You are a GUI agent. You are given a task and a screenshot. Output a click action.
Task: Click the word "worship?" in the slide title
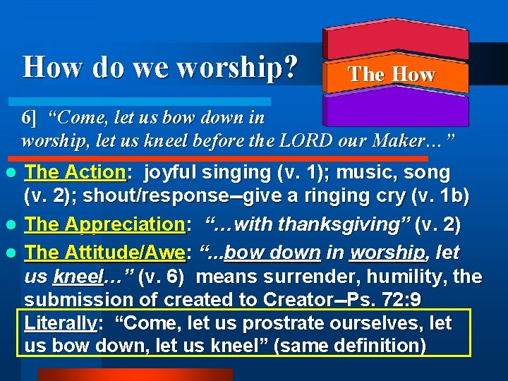pos(237,68)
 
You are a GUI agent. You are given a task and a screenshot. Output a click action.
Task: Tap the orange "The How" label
pos(392,74)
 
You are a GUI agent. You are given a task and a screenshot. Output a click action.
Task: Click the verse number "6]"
pos(29,117)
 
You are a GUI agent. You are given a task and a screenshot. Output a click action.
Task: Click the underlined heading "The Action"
pos(75,171)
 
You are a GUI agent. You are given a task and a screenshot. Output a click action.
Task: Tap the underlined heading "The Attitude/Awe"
pos(105,251)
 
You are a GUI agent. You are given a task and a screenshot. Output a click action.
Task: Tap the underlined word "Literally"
pos(60,324)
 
